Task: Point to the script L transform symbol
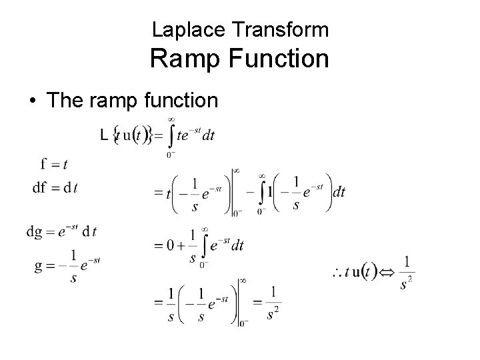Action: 103,135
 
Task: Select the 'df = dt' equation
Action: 55,187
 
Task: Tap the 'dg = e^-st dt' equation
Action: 61,232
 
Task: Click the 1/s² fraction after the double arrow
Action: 406,272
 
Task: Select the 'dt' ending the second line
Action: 338,192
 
